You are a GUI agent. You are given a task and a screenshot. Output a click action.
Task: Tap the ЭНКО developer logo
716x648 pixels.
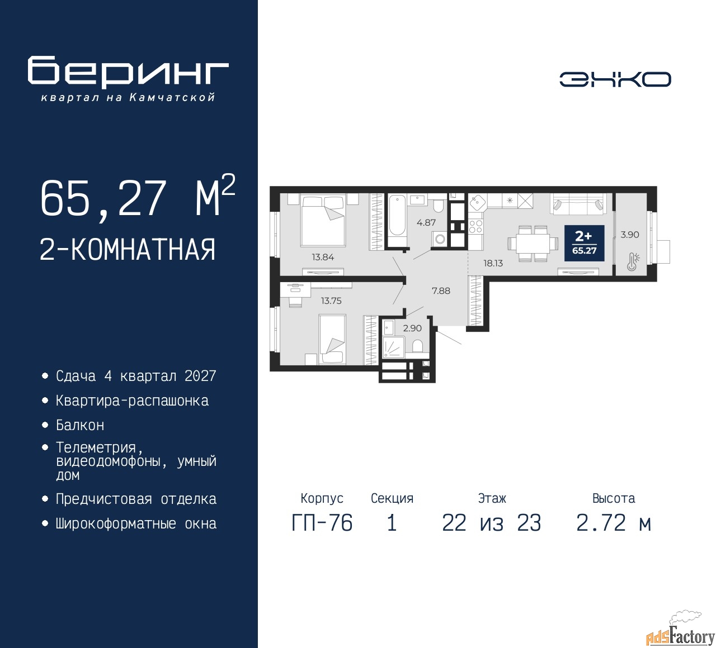(615, 79)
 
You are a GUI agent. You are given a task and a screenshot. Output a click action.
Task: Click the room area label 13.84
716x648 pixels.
(323, 257)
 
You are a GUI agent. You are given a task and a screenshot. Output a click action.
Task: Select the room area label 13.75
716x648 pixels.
(331, 301)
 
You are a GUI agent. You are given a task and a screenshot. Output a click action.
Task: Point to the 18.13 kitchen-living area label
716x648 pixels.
(493, 264)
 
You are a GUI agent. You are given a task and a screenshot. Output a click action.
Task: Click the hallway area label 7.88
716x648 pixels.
(441, 291)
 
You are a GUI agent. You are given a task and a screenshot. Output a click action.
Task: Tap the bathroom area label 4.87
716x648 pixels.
(426, 223)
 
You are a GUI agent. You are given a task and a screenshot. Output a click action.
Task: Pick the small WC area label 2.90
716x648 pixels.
(412, 328)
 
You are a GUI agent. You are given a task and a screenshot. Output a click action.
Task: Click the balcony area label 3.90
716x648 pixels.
(630, 235)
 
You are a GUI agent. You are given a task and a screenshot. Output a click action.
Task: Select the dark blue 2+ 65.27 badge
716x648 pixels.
(585, 243)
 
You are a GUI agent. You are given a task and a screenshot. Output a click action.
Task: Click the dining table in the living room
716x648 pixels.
(532, 244)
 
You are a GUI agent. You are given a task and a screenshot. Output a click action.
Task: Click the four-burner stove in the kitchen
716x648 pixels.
(475, 226)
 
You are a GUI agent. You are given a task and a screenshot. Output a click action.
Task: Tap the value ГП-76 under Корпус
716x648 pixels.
(322, 523)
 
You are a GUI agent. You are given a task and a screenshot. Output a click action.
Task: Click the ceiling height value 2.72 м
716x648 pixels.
(614, 523)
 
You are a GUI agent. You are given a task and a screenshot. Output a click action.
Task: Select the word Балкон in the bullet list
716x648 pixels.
(80, 425)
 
